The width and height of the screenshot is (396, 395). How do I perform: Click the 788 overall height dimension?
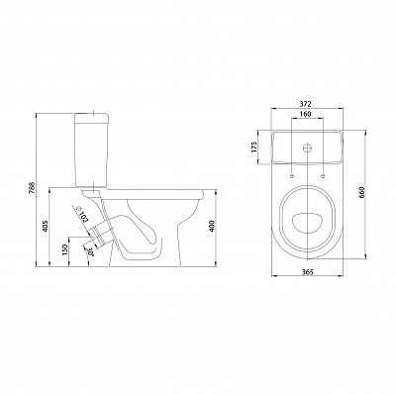(33, 189)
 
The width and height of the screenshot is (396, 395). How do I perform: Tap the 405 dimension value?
(46, 226)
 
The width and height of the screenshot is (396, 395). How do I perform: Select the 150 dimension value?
(65, 249)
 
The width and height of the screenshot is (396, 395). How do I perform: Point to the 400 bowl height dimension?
(212, 226)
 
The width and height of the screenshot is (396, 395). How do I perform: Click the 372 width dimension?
(306, 104)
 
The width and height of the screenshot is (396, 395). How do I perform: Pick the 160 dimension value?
(306, 114)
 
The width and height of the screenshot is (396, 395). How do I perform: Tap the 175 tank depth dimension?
(253, 148)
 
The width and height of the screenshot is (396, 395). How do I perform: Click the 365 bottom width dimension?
(307, 271)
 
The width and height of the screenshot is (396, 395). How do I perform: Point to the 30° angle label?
(88, 253)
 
